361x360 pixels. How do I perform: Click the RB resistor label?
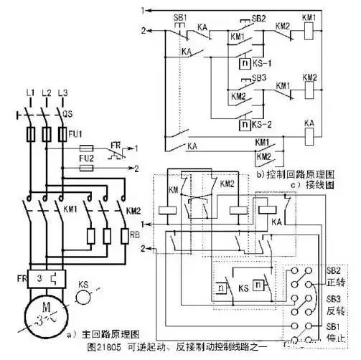tap(133, 234)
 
